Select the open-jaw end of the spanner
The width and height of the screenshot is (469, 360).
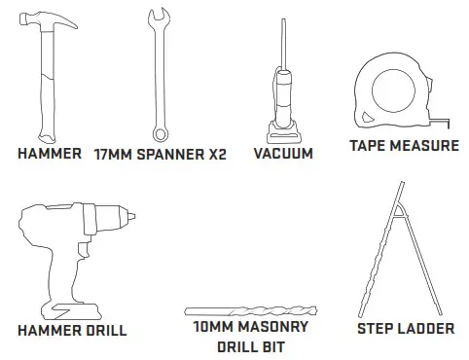pos(156,19)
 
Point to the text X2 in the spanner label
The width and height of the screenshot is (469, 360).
pos(216,154)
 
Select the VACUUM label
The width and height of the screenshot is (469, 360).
pos(282,154)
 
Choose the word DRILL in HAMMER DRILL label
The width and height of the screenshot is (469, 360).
pos(103,331)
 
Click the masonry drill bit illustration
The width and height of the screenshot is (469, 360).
pos(247,311)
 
